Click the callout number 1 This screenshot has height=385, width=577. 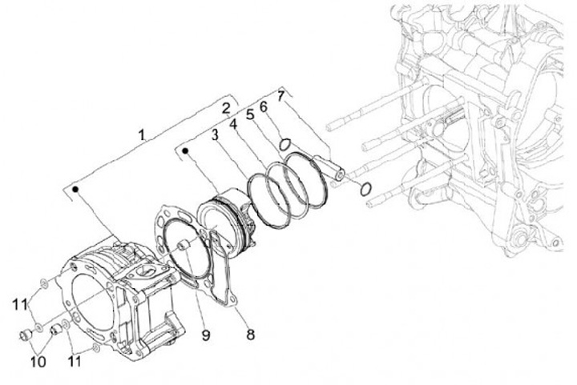[x=142, y=134]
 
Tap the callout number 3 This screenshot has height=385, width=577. [x=216, y=135]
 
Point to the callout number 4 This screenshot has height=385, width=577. [x=232, y=124]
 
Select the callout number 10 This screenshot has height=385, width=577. [x=38, y=361]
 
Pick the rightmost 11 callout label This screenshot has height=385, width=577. [x=77, y=361]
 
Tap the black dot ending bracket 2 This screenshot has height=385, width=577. [x=186, y=149]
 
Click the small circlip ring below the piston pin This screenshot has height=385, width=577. [x=365, y=189]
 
